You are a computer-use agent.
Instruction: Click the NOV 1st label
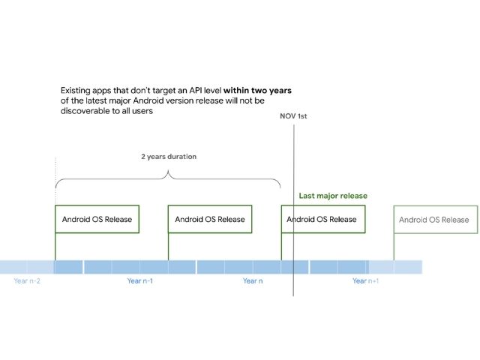coord(293,116)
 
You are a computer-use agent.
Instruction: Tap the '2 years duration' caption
coord(169,157)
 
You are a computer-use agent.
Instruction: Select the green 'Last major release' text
coord(333,196)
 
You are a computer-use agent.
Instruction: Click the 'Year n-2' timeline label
coord(27,280)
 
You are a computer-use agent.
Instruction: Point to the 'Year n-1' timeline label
coord(140,280)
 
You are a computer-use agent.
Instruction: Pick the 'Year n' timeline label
coord(253,280)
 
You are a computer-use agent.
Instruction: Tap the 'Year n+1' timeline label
coord(365,280)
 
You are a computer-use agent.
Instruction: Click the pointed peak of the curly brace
coord(168,171)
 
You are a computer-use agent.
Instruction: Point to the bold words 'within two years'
coord(257,90)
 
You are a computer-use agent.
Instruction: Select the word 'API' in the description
coord(194,90)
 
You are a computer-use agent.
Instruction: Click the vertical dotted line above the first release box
coord(55,181)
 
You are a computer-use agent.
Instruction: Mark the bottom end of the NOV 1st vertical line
coord(293,296)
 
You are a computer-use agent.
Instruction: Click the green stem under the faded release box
coord(394,247)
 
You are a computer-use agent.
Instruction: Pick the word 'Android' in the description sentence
coord(148,100)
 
